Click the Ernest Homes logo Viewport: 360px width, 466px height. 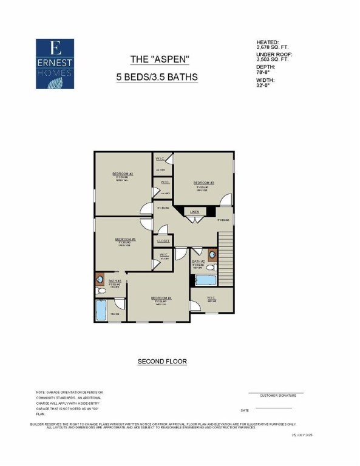click(55, 64)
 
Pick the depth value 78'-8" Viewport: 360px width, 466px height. click(264, 73)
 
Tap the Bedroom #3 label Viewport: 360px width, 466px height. click(203, 182)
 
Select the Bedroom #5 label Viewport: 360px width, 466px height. click(125, 239)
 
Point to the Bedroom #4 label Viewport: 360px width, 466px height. click(161, 298)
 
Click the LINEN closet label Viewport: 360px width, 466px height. click(194, 212)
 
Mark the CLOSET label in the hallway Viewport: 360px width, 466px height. click(163, 241)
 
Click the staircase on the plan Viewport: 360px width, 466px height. click(225, 258)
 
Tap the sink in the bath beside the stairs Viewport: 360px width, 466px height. click(212, 254)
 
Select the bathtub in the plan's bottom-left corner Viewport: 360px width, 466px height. click(101, 310)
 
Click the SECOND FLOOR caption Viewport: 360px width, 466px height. click(162, 361)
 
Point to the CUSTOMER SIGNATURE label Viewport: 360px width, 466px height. click(278, 395)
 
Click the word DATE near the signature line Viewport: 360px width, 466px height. click(245, 410)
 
